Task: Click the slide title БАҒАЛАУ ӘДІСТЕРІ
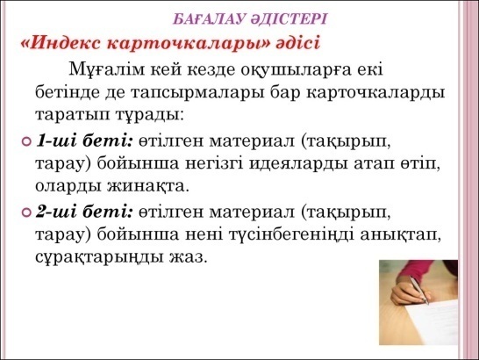(250, 19)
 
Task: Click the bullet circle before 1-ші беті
(27, 141)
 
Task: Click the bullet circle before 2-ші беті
(27, 212)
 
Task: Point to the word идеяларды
(298, 164)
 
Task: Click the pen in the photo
(419, 290)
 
